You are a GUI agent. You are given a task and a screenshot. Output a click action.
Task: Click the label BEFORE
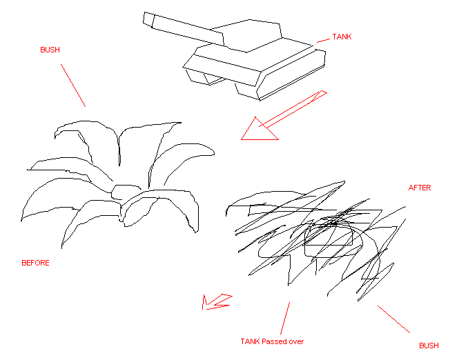click(36, 263)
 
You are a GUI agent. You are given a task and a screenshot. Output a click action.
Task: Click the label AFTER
click(420, 188)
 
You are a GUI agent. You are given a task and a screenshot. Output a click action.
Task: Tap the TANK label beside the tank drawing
click(342, 37)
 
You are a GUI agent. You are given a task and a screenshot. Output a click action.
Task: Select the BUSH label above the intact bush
click(50, 50)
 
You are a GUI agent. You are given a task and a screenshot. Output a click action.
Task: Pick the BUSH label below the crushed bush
click(429, 346)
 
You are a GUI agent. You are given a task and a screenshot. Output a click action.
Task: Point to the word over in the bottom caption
click(296, 341)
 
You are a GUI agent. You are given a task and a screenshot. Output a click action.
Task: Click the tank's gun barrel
click(183, 26)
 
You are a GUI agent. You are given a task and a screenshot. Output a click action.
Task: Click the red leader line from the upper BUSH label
click(73, 86)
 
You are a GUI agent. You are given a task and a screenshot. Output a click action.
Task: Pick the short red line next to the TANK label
click(323, 41)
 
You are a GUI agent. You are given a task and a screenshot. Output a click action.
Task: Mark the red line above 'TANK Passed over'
click(285, 317)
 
